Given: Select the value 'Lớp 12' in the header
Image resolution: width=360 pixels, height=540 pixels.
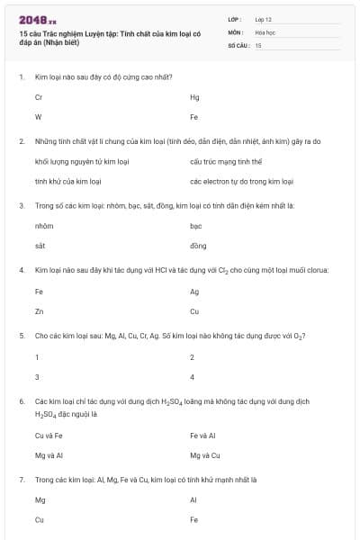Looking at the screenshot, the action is (265, 18).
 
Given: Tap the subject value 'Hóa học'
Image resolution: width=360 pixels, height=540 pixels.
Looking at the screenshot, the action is (265, 31).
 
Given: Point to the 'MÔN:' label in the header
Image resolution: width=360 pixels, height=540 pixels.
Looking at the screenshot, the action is (237, 31).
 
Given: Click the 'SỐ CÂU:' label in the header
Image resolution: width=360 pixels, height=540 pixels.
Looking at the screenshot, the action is (238, 44).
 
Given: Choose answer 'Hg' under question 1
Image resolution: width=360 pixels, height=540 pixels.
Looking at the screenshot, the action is (194, 97).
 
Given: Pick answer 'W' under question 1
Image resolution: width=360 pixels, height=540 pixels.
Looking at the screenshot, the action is (38, 117).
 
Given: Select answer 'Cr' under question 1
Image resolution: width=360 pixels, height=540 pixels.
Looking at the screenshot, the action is (39, 97).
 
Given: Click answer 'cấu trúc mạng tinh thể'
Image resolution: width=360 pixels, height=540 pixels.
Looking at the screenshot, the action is (226, 161).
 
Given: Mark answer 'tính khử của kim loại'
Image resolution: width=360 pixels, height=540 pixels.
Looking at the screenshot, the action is (67, 181).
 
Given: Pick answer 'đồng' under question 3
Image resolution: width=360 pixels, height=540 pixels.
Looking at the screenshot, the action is (198, 245).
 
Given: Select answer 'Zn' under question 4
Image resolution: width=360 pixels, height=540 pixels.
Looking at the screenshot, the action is (39, 310).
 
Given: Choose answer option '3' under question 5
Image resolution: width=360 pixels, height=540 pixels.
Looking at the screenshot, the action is (37, 376).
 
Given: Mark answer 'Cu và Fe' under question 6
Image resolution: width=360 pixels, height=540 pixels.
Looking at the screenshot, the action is (48, 435).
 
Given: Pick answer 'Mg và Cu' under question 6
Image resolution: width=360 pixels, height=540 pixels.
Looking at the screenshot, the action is (205, 454).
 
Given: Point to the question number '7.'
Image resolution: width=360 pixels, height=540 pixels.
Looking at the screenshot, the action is (21, 480).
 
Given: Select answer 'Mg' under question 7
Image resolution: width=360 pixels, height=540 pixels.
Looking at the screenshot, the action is (40, 499).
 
